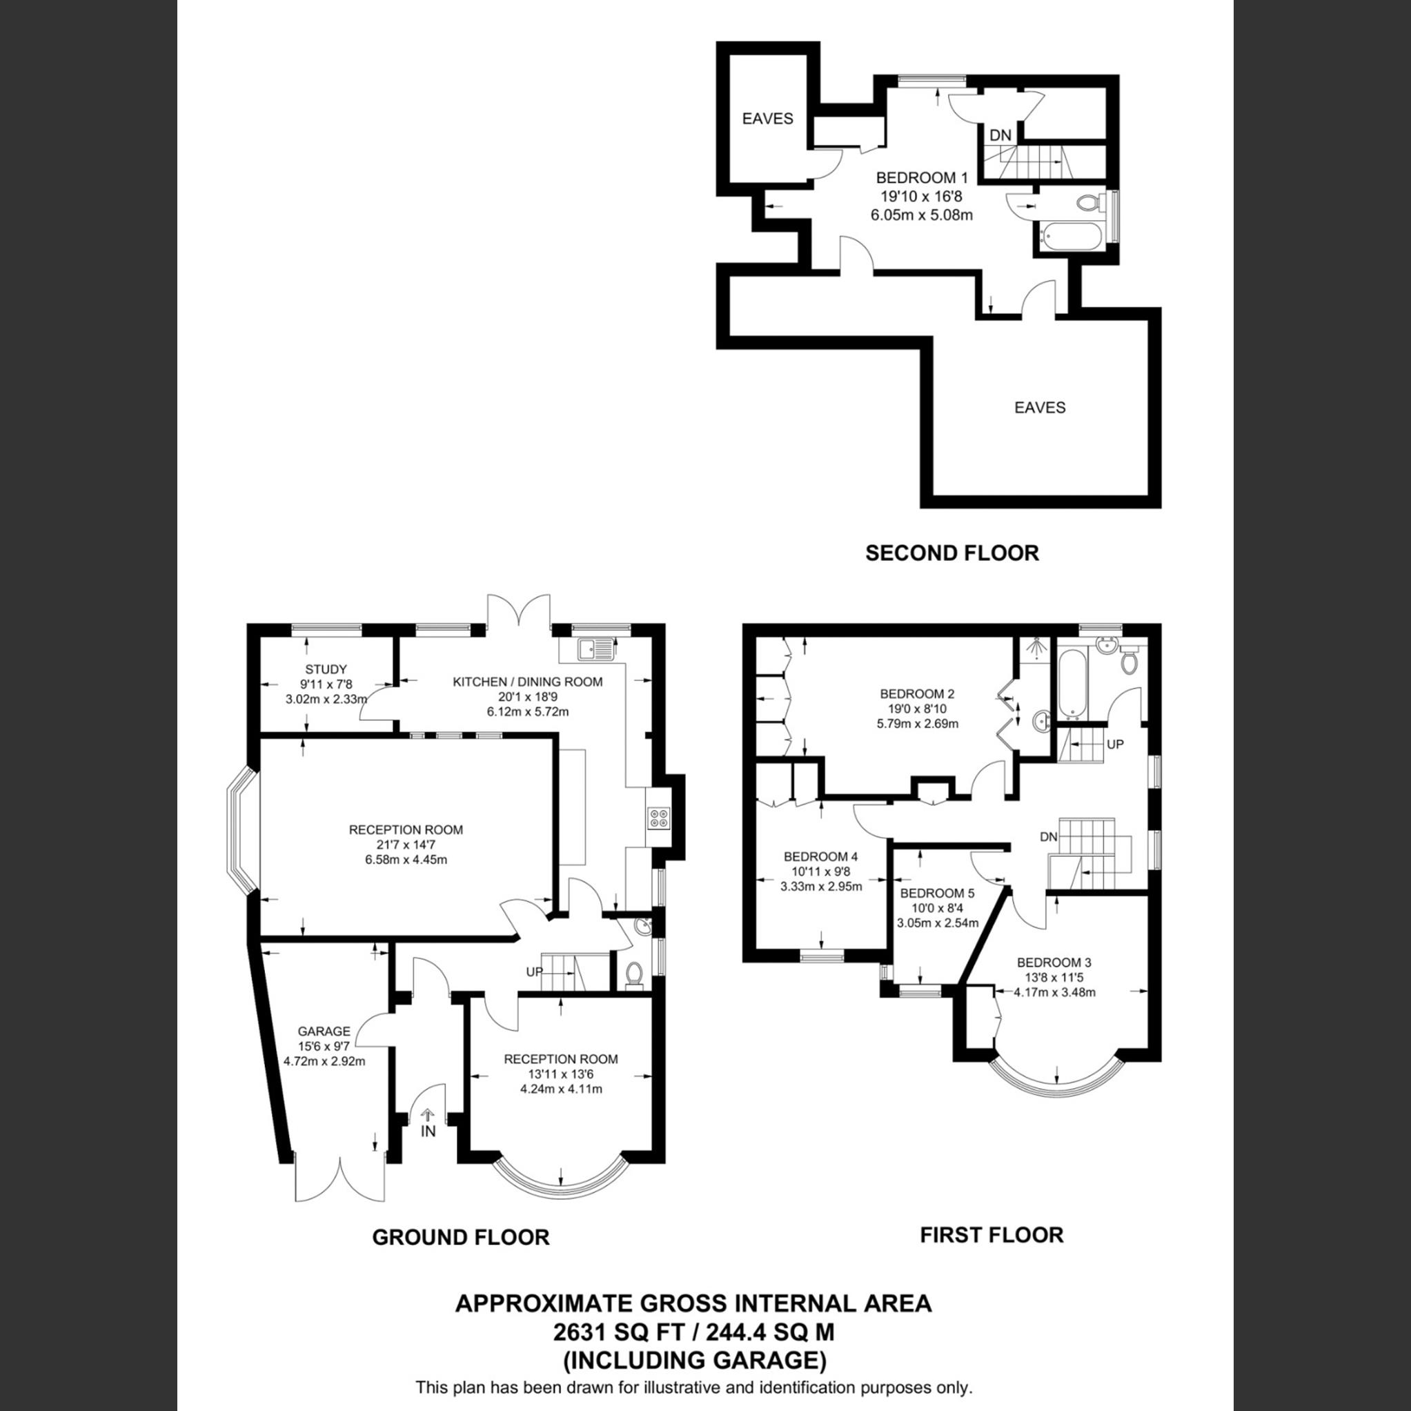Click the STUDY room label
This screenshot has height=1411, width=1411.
pos(326,669)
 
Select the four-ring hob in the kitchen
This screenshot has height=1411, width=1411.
pos(658,818)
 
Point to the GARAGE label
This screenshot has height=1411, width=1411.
pos(324,1032)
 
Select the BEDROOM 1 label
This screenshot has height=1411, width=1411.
pos(922,177)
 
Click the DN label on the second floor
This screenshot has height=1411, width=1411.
pos(1000,135)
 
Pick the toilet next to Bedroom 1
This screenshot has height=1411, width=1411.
pos(1088,202)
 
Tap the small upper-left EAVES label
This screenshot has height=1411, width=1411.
pos(767,118)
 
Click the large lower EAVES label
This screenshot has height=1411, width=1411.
pos(1039,408)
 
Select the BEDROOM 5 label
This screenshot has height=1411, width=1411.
pos(937,894)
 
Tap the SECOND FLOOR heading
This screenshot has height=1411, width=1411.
pos(951,553)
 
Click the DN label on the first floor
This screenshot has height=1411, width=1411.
pos(1048,837)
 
